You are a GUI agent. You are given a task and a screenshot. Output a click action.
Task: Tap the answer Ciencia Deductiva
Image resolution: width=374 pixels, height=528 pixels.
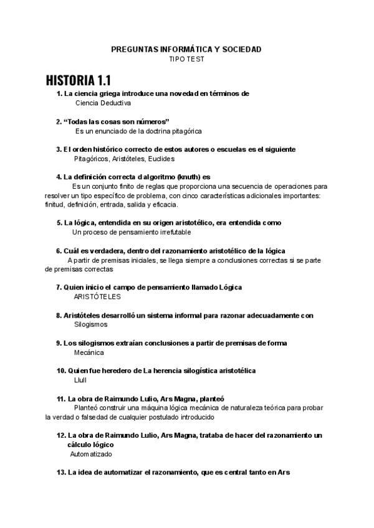click(103, 103)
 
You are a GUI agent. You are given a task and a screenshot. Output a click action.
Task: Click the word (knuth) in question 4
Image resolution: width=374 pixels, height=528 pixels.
click(189, 176)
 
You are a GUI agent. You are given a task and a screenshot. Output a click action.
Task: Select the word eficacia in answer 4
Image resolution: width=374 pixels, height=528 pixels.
click(165, 205)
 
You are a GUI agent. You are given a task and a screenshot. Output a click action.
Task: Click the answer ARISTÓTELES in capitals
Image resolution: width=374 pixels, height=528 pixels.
click(97, 297)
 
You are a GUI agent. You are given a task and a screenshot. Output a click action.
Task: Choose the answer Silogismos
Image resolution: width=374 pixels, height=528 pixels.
click(90, 324)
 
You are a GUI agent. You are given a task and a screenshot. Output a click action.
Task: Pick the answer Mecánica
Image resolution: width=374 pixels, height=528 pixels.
click(89, 352)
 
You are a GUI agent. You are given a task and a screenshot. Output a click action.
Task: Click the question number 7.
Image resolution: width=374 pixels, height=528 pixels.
click(59, 287)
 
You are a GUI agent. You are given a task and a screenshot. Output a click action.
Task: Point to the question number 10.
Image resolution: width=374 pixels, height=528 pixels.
click(61, 370)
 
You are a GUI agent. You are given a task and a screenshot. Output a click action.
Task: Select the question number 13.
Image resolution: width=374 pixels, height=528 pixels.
click(61, 473)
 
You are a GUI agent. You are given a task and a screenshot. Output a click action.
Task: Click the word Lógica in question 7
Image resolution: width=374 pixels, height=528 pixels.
click(230, 287)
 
